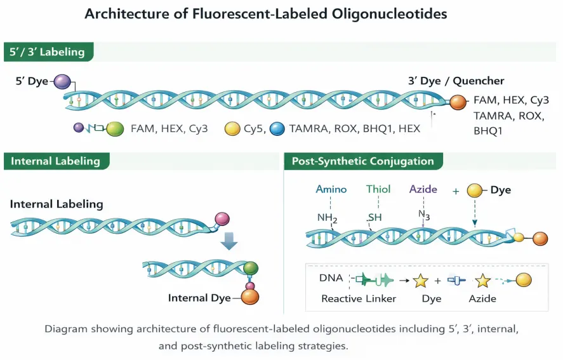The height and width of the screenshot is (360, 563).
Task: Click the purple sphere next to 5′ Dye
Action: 62,81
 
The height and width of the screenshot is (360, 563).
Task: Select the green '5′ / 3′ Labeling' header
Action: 48,52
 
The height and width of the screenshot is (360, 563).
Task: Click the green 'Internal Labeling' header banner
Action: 56,161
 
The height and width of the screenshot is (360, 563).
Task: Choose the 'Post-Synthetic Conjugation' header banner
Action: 362,161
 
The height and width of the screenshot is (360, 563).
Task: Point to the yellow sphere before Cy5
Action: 233,129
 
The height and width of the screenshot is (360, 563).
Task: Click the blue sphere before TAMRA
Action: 277,129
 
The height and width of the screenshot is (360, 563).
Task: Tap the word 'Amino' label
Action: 331,189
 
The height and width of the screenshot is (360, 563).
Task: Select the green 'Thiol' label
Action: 378,189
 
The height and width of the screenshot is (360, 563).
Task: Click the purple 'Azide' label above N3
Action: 423,189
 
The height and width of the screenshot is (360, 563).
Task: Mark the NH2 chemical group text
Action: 328,218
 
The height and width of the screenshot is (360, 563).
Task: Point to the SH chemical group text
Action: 376,218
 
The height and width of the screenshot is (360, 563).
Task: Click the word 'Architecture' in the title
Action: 124,14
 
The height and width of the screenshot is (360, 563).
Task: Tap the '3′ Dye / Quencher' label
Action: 456,81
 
